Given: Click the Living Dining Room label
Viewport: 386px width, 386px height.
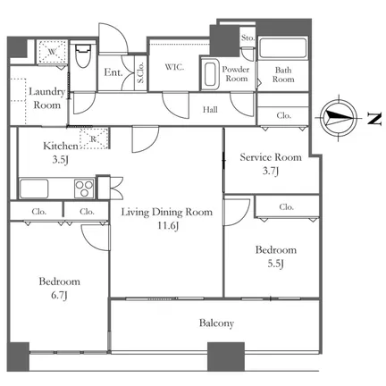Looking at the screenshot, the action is pyautogui.click(x=167, y=212).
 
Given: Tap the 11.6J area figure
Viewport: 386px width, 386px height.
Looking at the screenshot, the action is pyautogui.click(x=168, y=226).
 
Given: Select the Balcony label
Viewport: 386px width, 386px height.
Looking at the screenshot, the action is pyautogui.click(x=216, y=323).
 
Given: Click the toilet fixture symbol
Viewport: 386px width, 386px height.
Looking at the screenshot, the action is pyautogui.click(x=82, y=55).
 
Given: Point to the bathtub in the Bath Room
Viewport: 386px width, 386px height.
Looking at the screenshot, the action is pyautogui.click(x=282, y=47).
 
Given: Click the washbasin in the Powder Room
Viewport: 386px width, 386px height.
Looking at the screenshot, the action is pyautogui.click(x=210, y=74).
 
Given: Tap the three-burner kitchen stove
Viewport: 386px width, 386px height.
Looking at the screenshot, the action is pyautogui.click(x=84, y=189).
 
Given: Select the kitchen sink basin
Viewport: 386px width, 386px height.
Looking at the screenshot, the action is pyautogui.click(x=34, y=189).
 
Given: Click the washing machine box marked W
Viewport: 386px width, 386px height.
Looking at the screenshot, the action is pyautogui.click(x=53, y=52).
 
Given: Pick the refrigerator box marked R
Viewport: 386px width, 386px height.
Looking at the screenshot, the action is pyautogui.click(x=94, y=138).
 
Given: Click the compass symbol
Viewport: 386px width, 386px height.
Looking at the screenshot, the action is pyautogui.click(x=340, y=118).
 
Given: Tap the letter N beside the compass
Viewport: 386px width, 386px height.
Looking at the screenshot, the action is pyautogui.click(x=374, y=119).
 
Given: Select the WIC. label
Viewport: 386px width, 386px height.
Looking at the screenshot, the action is pyautogui.click(x=174, y=67).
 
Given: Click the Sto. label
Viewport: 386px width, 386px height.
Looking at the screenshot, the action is pyautogui.click(x=248, y=38).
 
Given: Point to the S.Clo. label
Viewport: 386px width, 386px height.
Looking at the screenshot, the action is pyautogui.click(x=140, y=72).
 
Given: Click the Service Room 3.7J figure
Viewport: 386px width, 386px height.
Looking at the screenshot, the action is pyautogui.click(x=271, y=171).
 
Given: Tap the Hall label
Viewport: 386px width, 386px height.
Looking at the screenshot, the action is pyautogui.click(x=210, y=110).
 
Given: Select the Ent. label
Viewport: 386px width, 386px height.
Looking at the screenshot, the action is pyautogui.click(x=113, y=72).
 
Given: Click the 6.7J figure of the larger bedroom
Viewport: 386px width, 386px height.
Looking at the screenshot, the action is pyautogui.click(x=60, y=295).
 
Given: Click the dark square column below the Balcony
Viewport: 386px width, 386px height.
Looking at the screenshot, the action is pyautogui.click(x=226, y=357).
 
